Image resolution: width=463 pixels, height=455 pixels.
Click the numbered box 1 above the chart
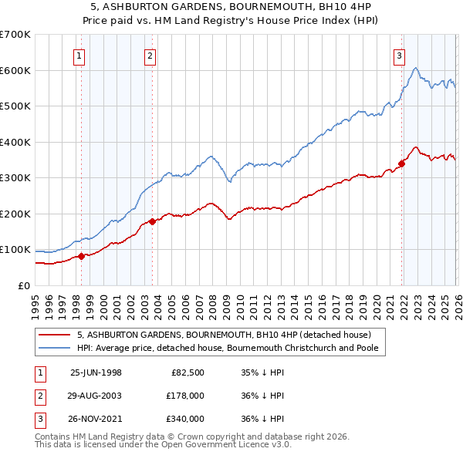[x=80, y=55]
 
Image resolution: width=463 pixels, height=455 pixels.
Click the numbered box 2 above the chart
[x=150, y=55]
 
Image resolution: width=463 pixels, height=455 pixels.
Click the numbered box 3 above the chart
[x=399, y=55]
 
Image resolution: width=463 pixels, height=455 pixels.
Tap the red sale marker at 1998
[x=81, y=256]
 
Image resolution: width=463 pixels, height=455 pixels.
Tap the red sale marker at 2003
[x=152, y=221]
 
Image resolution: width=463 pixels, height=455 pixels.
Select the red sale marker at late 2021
[x=401, y=163]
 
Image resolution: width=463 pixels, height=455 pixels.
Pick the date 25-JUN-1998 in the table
[x=96, y=372]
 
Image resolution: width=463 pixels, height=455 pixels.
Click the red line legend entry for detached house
[x=224, y=335]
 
